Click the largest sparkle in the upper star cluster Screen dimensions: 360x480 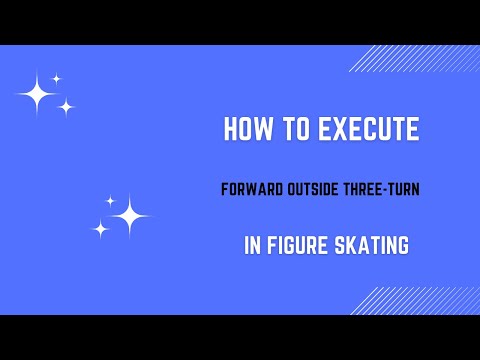point(38,94)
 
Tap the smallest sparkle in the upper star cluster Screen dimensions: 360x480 point(57,78)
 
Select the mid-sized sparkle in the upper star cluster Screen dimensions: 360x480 point(66,107)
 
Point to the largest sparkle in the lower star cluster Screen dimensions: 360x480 point(129,215)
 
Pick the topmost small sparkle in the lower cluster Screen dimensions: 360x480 point(110,201)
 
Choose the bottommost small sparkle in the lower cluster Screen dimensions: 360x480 point(100,229)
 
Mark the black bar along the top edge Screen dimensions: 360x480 point(240,22)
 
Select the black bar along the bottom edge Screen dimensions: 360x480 point(240,337)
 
